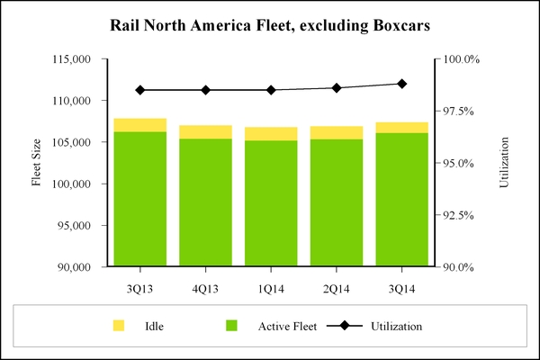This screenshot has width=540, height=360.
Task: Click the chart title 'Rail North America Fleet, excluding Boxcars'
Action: [270, 26]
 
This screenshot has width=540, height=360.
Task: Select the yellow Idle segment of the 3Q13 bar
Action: [139, 125]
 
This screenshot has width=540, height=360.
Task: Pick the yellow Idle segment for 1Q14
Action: [271, 134]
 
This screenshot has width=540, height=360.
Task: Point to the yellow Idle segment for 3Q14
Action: [401, 127]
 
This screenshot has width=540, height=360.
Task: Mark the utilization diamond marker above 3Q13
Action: [139, 90]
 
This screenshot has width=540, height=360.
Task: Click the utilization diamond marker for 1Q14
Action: [271, 90]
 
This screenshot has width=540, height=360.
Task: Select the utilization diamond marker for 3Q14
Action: [401, 84]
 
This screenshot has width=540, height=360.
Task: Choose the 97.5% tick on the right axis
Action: [463, 111]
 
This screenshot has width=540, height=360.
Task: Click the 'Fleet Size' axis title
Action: [37, 163]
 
